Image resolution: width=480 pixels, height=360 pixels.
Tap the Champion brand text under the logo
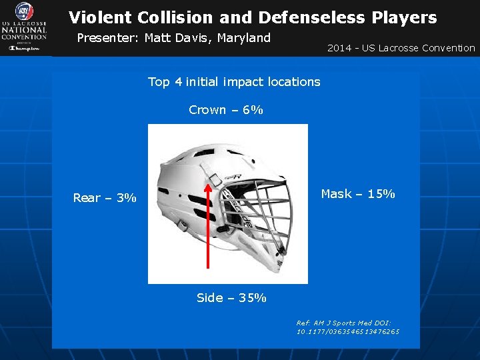pos(23,48)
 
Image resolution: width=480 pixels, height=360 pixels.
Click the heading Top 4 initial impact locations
pos(233,82)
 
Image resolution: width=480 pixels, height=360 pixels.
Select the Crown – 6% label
pos(225,110)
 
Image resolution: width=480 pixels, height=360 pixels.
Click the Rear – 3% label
pos(105,198)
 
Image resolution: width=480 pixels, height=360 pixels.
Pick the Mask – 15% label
pos(358,194)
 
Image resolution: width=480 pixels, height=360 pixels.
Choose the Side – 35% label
pos(231,298)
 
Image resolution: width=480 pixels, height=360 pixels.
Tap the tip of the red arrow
pos(209,185)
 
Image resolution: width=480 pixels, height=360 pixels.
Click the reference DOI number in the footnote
pos(348,331)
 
